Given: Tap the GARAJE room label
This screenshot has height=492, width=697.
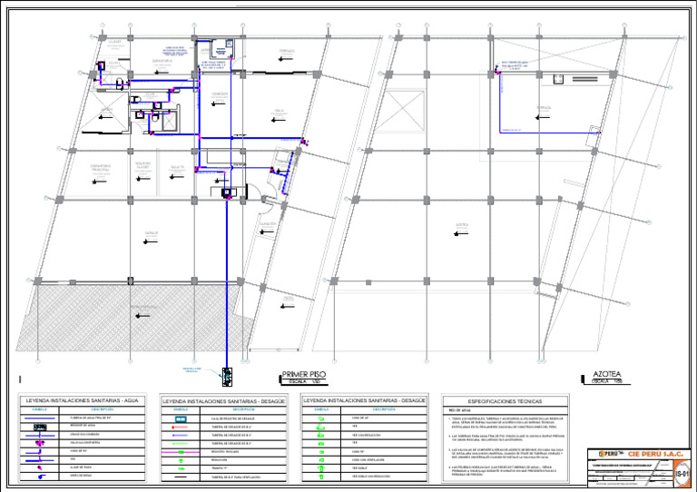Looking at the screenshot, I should (x=152, y=232).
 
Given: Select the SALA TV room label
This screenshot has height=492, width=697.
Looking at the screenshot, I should (x=177, y=168).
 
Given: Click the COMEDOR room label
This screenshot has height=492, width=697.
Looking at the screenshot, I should (x=219, y=93).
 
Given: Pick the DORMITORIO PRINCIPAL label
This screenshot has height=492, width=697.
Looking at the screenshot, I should (x=100, y=167).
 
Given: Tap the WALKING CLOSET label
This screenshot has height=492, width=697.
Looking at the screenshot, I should (x=142, y=165).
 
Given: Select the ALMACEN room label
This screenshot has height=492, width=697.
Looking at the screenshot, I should (x=266, y=223).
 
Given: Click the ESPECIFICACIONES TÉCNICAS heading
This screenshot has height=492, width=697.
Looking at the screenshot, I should (x=506, y=400).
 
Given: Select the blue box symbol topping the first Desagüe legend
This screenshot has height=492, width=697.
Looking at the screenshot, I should (x=180, y=418).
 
